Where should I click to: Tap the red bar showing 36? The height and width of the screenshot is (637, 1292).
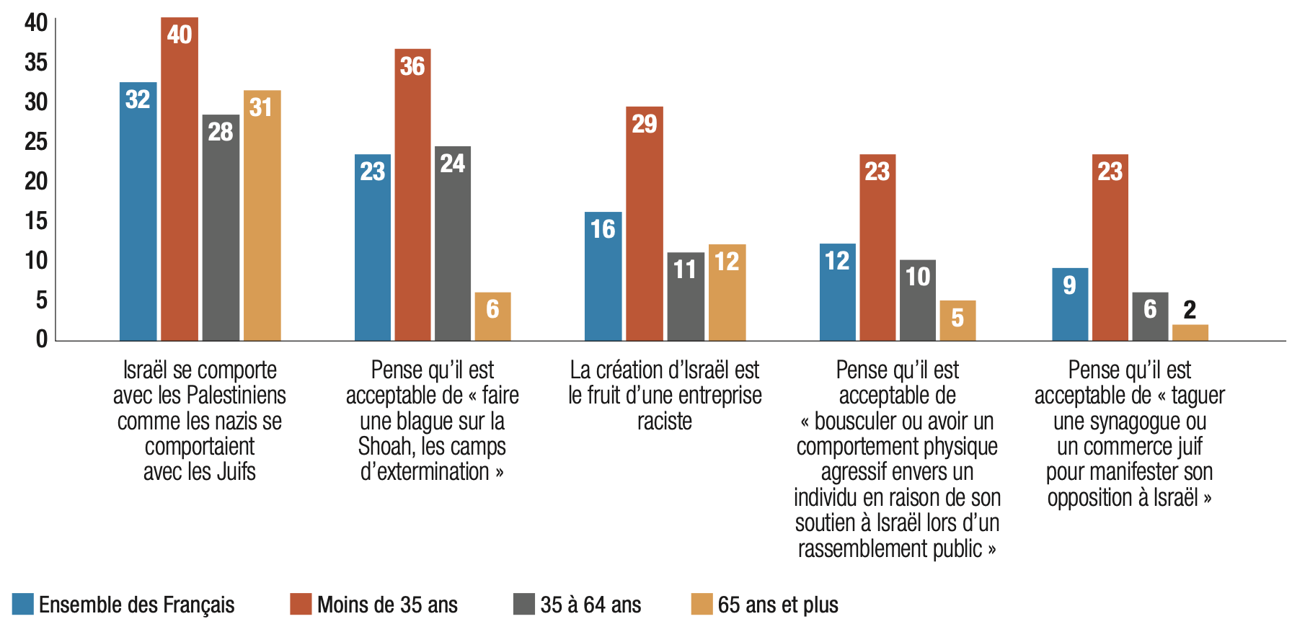pos(412,195)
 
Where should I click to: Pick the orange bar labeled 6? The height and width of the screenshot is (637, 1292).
pos(492,316)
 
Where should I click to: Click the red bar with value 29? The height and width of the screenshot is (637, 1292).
pos(644,223)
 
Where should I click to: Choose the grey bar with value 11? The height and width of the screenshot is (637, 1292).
pos(685,296)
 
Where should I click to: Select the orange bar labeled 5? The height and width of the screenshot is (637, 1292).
pos(957,320)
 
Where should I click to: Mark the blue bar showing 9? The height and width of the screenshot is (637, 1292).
pos(1070,304)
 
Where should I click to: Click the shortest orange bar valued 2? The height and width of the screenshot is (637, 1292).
pos(1190,332)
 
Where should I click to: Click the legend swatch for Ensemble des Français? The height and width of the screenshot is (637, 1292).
pos(23,604)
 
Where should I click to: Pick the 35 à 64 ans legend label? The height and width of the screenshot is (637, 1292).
pos(590,605)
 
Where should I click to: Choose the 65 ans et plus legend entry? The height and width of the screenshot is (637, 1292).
pos(777,605)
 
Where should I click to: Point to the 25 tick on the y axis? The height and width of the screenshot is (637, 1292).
pos(36,141)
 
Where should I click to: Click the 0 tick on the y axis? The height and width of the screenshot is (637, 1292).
pos(42,339)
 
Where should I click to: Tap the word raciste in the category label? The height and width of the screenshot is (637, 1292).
pos(664,421)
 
